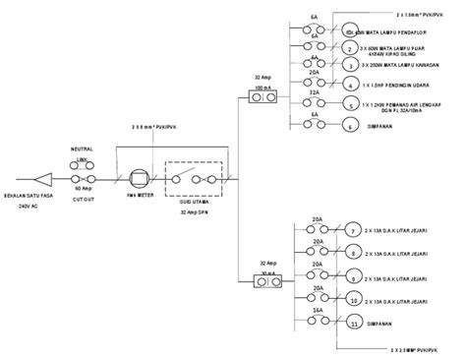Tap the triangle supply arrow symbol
coord(42,180)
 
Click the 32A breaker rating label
coord(316,91)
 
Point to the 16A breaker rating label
coord(317,309)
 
